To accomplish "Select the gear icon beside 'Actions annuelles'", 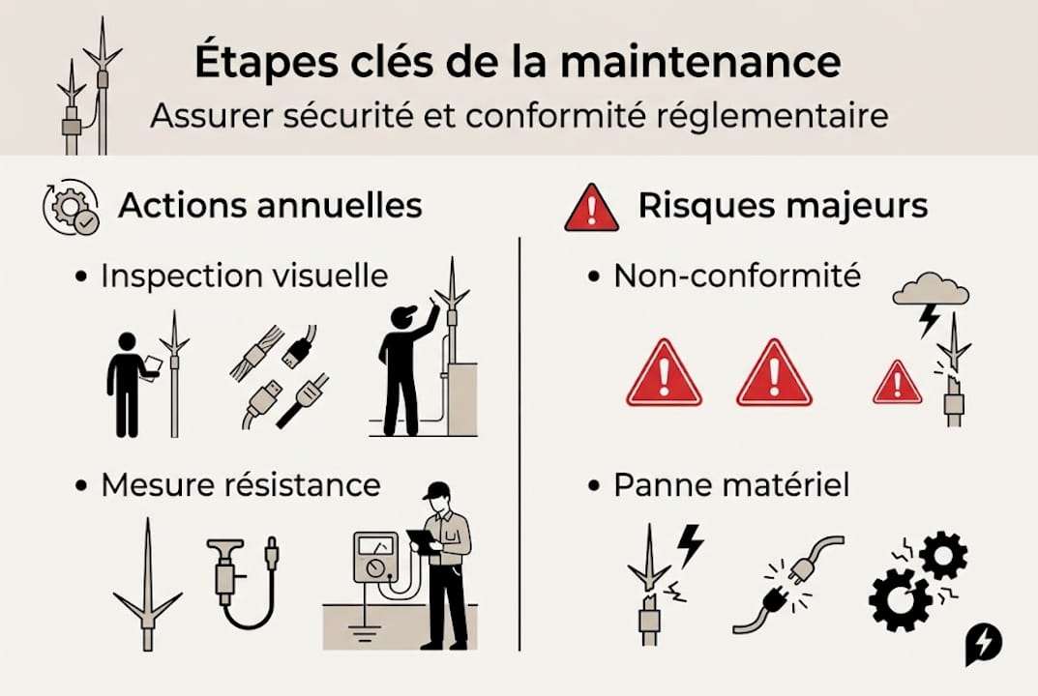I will [71, 206].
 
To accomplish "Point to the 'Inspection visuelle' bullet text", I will [244, 276].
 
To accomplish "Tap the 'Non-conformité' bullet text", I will [737, 276].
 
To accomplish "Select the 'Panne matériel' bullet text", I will [731, 484].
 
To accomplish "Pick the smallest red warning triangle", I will [897, 384].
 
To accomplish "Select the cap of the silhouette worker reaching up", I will [404, 313].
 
